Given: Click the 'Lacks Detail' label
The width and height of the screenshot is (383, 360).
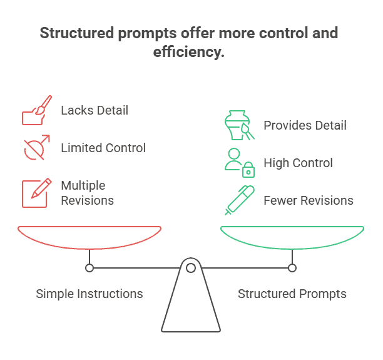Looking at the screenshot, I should [x=94, y=111].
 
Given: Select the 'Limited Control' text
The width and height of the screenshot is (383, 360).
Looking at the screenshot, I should [x=103, y=148].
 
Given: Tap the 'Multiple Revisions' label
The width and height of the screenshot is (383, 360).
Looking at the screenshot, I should [x=87, y=193].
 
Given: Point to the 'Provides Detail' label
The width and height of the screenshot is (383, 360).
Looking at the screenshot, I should [x=305, y=126].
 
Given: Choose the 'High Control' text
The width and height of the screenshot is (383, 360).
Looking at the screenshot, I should [x=298, y=163].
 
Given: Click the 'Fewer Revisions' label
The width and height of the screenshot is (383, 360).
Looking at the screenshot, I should [x=309, y=201].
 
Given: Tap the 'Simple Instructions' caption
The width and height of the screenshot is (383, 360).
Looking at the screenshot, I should [x=89, y=294].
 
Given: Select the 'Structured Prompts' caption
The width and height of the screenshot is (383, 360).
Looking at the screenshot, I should [x=292, y=294].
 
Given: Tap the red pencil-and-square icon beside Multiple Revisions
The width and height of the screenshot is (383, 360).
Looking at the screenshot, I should [x=35, y=193].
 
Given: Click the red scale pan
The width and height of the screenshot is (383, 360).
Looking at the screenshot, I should [x=89, y=237].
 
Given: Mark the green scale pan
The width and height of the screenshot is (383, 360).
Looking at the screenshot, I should [x=292, y=237].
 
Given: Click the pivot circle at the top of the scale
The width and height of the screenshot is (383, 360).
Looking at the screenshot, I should [x=191, y=268].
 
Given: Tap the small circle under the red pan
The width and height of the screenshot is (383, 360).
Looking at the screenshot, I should [x=89, y=268].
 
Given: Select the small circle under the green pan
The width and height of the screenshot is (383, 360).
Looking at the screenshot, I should [x=292, y=268].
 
